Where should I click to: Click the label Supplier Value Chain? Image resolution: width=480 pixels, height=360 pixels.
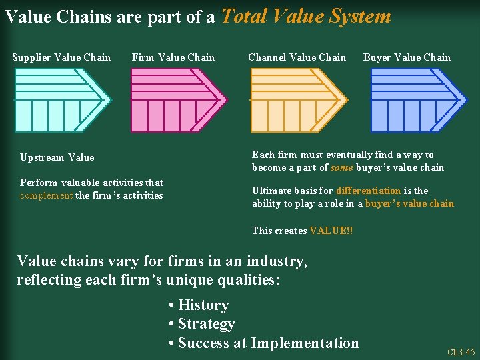coord(61,57)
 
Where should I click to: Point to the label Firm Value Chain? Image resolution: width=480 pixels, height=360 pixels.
coord(173,57)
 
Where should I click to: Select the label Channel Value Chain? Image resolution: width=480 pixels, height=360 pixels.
coord(297,57)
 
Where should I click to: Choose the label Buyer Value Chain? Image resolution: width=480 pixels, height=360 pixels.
coord(407,57)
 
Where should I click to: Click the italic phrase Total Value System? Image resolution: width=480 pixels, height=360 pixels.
coord(306,16)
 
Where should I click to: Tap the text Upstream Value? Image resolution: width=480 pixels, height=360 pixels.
coord(57,158)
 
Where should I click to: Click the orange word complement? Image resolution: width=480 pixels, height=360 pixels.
coord(46,195)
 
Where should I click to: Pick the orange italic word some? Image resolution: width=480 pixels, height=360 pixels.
coord(342,167)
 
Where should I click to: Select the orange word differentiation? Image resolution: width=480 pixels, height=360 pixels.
coord(369,191)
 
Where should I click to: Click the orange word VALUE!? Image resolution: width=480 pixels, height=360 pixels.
coord(331,231)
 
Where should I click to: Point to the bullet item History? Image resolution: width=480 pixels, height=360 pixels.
coord(199,305)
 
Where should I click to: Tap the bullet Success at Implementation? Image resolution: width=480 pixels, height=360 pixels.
coord(264,343)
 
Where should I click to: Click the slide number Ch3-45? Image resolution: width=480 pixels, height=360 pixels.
coord(461,352)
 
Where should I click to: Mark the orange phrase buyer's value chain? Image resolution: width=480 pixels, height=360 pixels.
coord(409,203)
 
